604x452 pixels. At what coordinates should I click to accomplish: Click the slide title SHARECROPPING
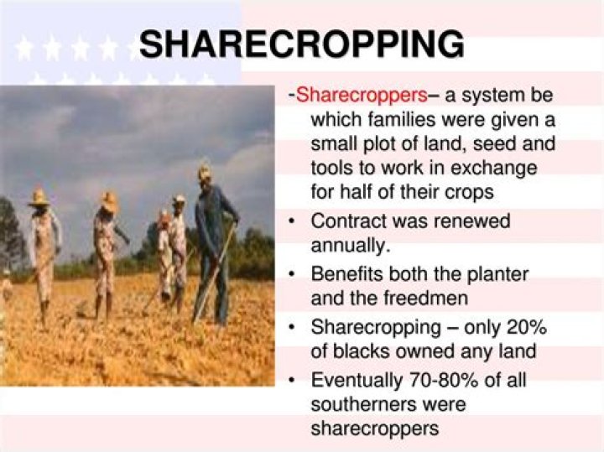(301, 44)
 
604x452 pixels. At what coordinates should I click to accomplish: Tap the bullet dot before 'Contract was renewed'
(290, 222)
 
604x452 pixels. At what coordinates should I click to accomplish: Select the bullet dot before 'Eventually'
(290, 380)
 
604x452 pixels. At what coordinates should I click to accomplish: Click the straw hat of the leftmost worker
(39, 198)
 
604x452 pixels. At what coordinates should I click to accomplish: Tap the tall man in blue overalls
(211, 243)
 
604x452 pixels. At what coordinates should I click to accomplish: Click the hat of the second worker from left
(108, 202)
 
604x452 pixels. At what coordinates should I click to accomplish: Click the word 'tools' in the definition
(336, 168)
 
